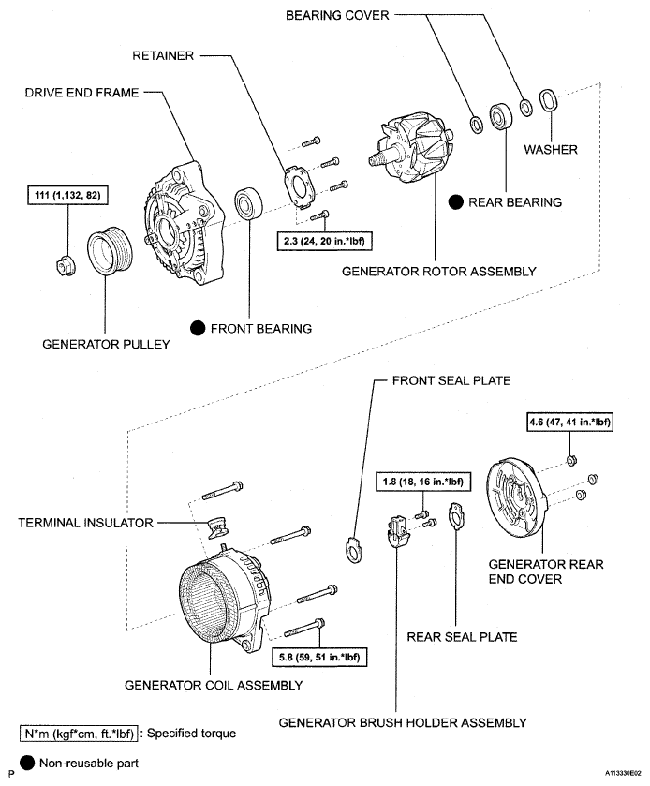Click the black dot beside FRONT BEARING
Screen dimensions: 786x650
[x=198, y=329]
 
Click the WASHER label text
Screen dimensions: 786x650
[x=550, y=149]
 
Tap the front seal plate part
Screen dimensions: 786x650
[x=354, y=548]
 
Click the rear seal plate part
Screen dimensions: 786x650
[x=456, y=517]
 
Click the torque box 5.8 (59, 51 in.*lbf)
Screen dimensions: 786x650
[x=317, y=657]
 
